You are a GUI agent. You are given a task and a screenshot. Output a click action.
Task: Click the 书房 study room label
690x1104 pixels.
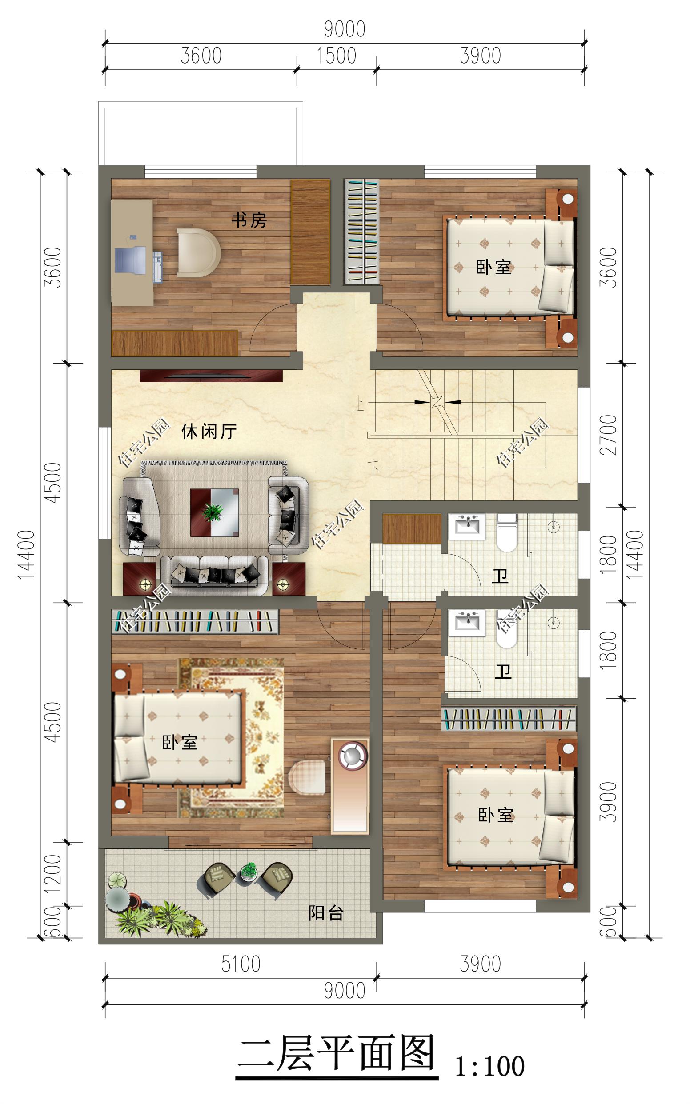(249, 220)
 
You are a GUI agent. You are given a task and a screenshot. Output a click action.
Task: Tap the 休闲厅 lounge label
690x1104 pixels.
(209, 431)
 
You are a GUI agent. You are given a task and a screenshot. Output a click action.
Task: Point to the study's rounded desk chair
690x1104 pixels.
(199, 252)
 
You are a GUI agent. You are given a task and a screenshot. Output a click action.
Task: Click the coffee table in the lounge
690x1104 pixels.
(215, 512)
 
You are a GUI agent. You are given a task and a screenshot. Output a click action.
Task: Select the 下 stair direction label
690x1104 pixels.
(374, 469)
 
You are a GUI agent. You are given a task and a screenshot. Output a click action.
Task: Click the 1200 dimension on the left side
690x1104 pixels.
(54, 876)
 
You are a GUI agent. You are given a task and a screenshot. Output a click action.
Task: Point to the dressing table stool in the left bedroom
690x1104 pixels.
(308, 777)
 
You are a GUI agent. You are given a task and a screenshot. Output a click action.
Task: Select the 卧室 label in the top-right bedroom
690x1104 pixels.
(494, 267)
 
